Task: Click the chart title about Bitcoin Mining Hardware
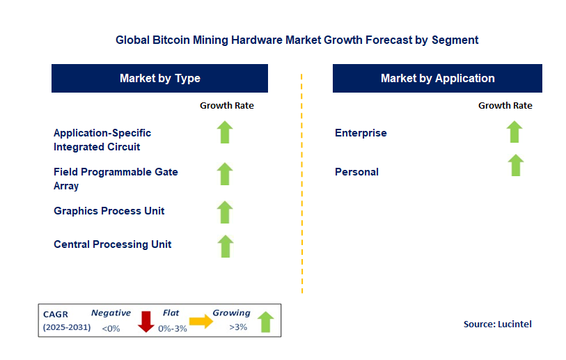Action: [x=297, y=40]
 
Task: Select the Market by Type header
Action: [x=159, y=79]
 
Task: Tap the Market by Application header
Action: [x=437, y=79]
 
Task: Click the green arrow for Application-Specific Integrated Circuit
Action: [x=225, y=132]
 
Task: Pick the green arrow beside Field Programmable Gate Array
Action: [x=225, y=173]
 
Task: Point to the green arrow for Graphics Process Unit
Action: [x=225, y=212]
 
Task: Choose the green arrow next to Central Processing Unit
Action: [x=225, y=245]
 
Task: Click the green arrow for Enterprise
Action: [x=514, y=132]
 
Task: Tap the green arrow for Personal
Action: [x=515, y=165]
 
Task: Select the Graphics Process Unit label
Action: [x=109, y=211]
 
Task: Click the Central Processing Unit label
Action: [x=113, y=244]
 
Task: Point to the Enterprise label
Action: [x=361, y=133]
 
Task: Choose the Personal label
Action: [x=356, y=172]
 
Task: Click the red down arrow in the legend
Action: [x=146, y=321]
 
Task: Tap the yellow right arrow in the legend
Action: [x=201, y=322]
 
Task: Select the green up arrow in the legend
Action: [x=265, y=322]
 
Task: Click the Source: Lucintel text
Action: [x=497, y=324]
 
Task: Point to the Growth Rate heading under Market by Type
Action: [x=227, y=106]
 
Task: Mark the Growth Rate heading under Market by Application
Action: [x=505, y=106]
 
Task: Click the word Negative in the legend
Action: [x=111, y=313]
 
